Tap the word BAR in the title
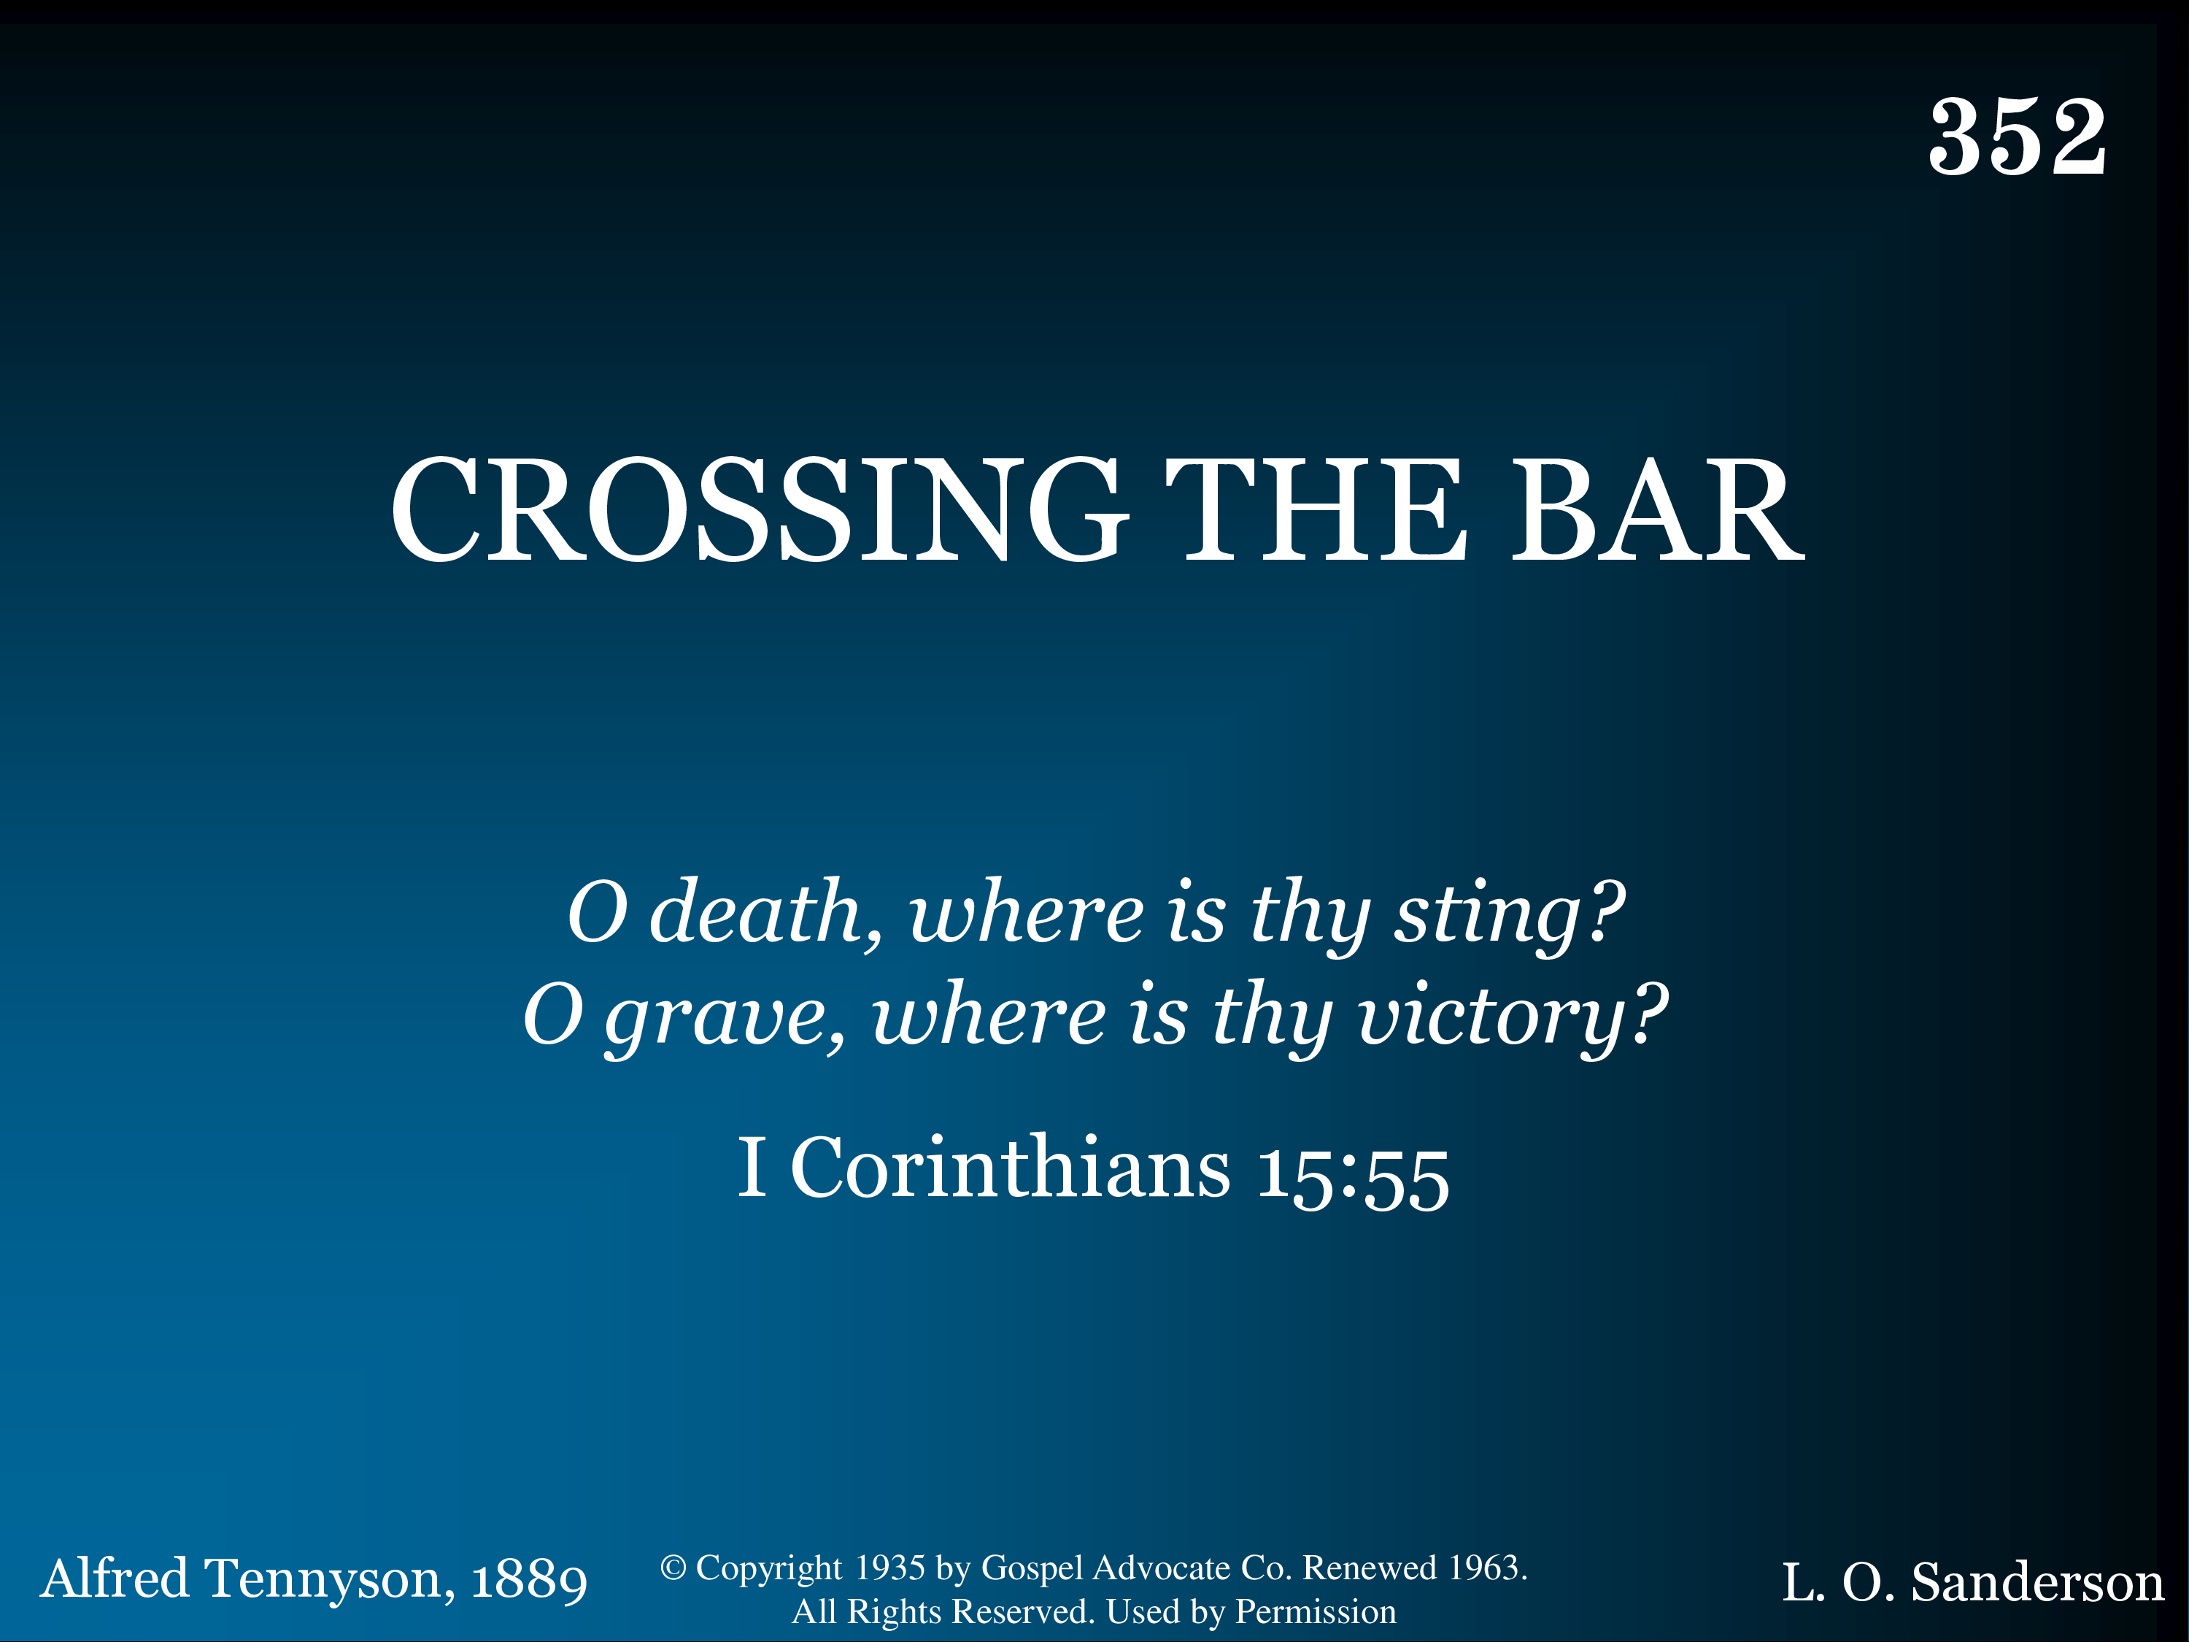[x=1659, y=511]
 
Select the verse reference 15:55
[x=1353, y=1178]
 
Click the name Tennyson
[x=330, y=1580]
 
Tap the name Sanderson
[x=2037, y=1583]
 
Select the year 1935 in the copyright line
[x=889, y=1568]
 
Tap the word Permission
[x=1316, y=1612]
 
